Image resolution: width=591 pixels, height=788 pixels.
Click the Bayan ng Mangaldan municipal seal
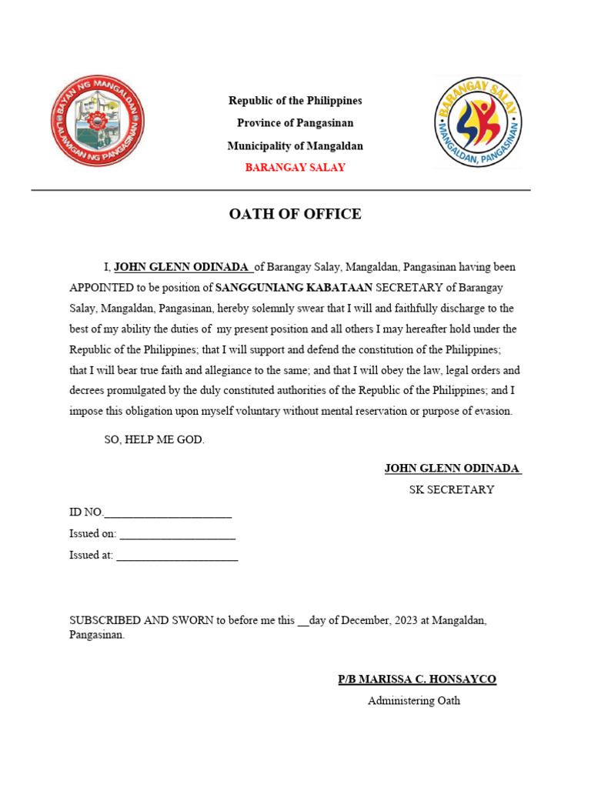click(98, 121)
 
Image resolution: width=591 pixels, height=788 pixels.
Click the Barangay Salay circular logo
click(478, 122)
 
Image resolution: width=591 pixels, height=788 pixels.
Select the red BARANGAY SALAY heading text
click(295, 168)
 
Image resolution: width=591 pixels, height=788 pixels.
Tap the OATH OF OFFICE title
click(295, 214)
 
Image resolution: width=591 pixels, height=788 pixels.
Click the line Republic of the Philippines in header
click(295, 101)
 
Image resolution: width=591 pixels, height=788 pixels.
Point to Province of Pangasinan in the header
click(295, 123)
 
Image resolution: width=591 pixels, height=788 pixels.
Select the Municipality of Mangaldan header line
click(295, 145)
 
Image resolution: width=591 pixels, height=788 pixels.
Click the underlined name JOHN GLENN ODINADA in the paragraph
click(182, 267)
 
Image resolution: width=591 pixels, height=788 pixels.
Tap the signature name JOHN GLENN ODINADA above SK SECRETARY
click(452, 468)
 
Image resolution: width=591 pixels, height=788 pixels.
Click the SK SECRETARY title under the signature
click(452, 489)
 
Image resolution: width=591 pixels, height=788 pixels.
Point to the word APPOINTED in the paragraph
click(102, 288)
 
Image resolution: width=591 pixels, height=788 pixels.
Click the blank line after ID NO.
click(167, 513)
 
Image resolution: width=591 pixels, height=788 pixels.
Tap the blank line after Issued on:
click(177, 534)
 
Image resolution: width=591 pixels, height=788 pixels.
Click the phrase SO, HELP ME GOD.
click(155, 440)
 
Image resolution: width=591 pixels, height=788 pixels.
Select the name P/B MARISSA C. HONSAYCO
click(417, 679)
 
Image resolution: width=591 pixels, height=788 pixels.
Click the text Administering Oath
click(414, 701)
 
